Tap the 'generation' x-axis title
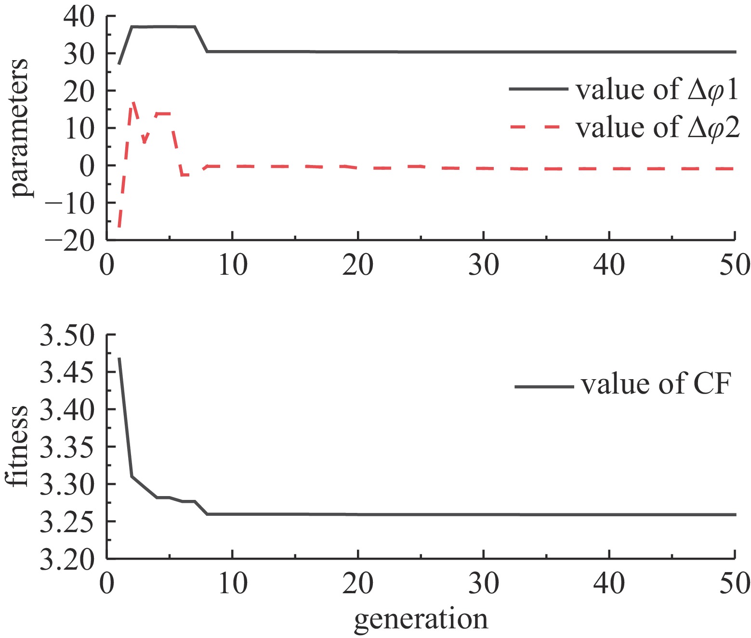[421, 620]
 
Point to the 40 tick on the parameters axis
[78, 16]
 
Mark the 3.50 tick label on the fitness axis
[67, 336]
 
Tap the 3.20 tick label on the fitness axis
[67, 559]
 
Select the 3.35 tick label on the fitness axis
[67, 447]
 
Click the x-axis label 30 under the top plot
[483, 265]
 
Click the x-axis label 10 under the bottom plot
[233, 584]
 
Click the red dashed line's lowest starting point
[119, 226]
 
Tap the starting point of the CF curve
[119, 358]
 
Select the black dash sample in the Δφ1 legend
[538, 89]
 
